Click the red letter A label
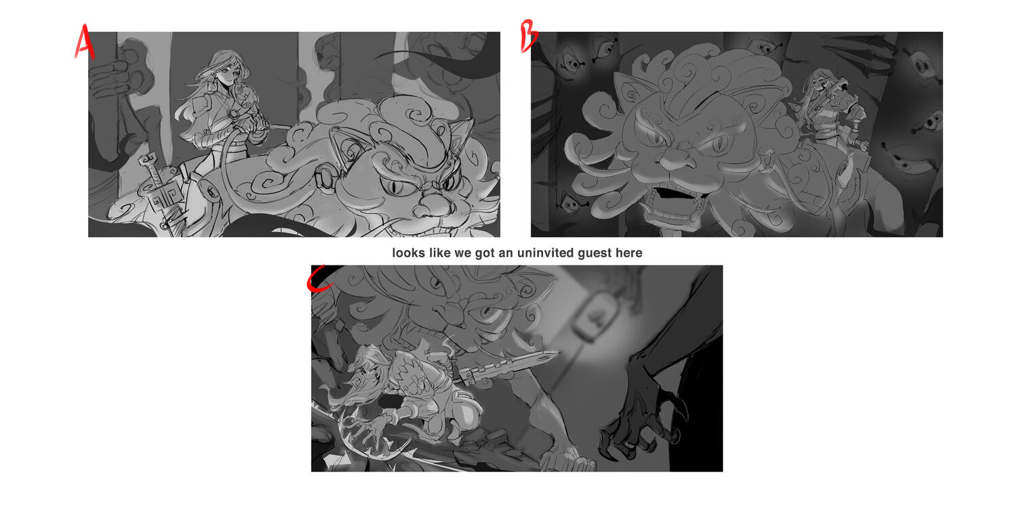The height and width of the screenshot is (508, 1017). click(84, 42)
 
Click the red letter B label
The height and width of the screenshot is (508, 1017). click(528, 37)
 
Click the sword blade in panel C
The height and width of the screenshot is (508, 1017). click(509, 367)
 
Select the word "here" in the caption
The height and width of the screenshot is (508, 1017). click(629, 253)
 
